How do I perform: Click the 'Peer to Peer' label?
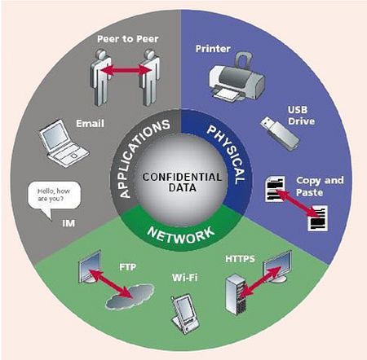click(x=128, y=39)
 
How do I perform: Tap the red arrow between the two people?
click(x=126, y=70)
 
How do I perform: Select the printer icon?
click(x=237, y=77)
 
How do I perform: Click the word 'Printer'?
click(x=213, y=49)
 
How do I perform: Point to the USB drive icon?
click(x=280, y=134)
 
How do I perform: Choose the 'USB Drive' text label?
click(x=301, y=116)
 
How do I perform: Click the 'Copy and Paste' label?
click(x=320, y=187)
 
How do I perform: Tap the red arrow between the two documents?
click(x=297, y=203)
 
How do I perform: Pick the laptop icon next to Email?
click(x=64, y=143)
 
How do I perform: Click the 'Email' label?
click(x=90, y=124)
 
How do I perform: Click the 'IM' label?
click(x=69, y=223)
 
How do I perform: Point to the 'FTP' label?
click(x=127, y=267)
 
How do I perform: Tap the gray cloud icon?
click(x=130, y=296)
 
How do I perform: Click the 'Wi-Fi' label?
click(x=185, y=278)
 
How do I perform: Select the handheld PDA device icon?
click(x=184, y=314)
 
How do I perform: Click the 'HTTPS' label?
click(x=240, y=259)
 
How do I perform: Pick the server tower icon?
click(x=237, y=294)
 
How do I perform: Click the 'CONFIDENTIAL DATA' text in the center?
click(x=182, y=182)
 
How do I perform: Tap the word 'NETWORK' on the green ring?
click(x=181, y=235)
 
